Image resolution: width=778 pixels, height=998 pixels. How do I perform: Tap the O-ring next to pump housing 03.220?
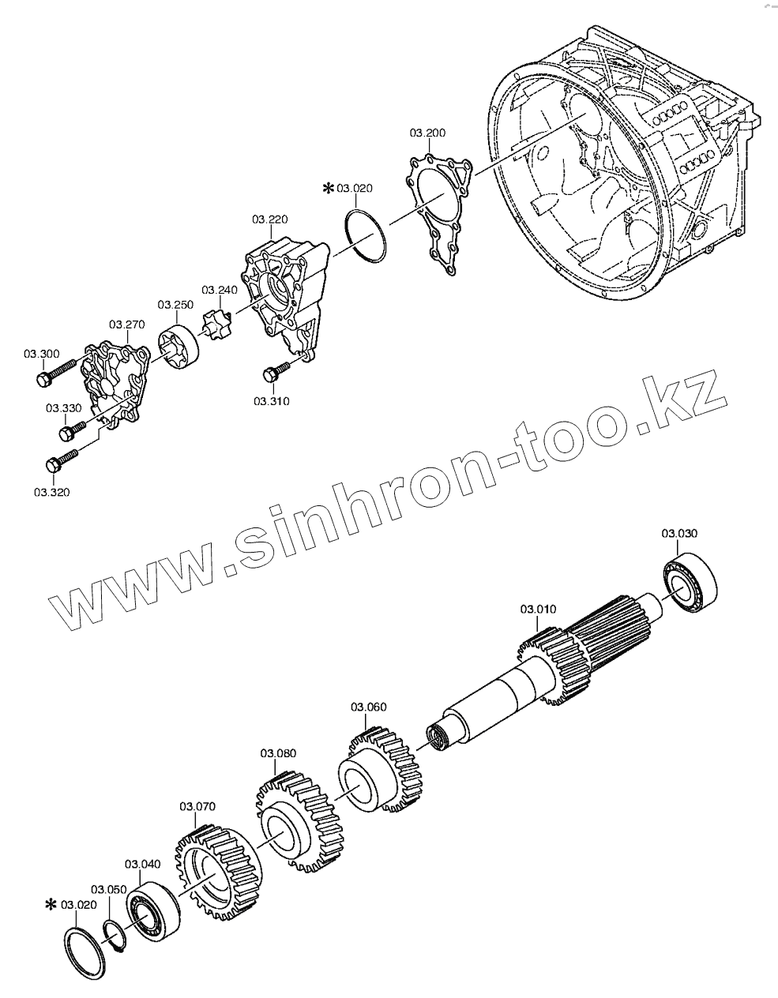pyautogui.click(x=365, y=234)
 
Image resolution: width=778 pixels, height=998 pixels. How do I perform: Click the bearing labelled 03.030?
pyautogui.click(x=691, y=584)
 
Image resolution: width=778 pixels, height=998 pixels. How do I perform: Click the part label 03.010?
pyautogui.click(x=539, y=609)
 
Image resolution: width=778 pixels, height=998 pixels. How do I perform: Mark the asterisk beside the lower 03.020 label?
pyautogui.click(x=52, y=904)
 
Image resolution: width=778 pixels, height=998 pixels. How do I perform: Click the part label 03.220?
pyautogui.click(x=270, y=218)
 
